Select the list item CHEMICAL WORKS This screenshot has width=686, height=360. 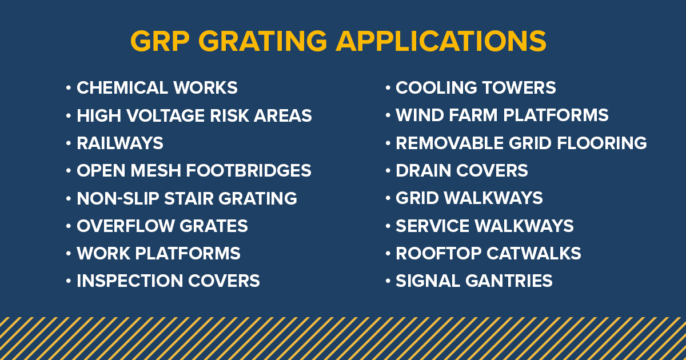tap(157, 88)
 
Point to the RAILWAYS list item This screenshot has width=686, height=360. tap(120, 143)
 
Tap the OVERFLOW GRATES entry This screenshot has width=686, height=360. tap(162, 226)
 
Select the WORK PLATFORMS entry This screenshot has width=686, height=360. tap(158, 253)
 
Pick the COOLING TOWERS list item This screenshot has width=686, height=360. tap(476, 88)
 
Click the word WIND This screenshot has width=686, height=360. tap(417, 115)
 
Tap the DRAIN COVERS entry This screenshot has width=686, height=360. tap(462, 170)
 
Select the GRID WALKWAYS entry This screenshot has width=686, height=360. tap(469, 198)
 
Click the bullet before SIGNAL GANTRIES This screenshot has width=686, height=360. tap(388, 281)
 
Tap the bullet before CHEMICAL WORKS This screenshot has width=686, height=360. tap(69, 88)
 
